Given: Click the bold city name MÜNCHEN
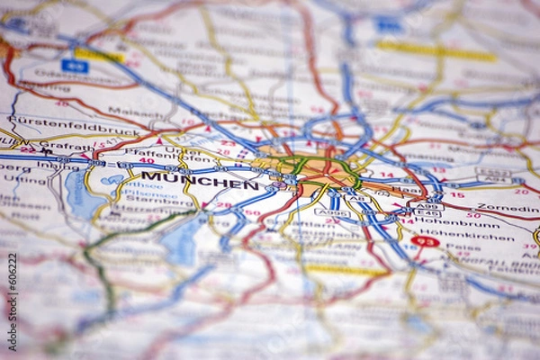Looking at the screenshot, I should coord(199,180).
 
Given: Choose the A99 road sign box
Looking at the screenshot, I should coord(427,206).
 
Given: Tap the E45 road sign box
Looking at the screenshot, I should coord(427,214).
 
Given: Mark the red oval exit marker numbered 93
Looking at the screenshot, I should coord(425,240).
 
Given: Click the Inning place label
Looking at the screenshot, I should coord(52,166).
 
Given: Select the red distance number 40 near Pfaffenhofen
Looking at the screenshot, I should coord(146,161).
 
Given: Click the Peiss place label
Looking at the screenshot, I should coord(464,245).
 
